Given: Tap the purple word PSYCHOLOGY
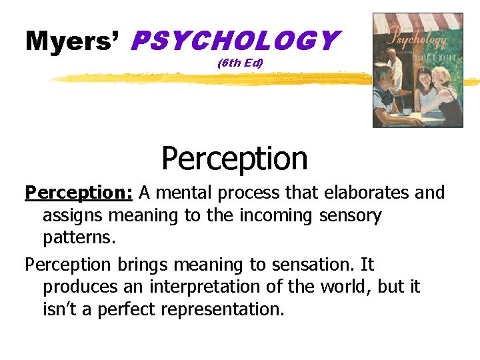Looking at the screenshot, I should point(235,41).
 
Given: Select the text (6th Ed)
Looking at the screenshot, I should point(241,64).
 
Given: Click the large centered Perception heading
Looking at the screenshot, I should point(235,159).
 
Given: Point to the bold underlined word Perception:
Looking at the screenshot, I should point(79,193).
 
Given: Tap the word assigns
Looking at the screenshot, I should point(73,216).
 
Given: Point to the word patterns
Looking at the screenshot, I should point(75,238).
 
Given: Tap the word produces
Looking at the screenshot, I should point(78,287).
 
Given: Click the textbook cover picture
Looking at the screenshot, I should point(417,70).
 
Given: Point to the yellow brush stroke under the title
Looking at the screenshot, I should point(200,79).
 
